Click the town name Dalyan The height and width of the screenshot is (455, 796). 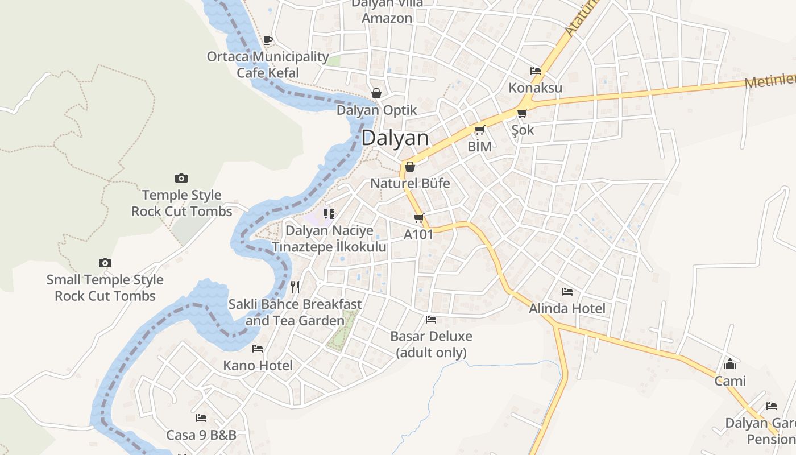(395, 138)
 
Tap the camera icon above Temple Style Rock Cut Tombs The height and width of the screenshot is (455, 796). (181, 179)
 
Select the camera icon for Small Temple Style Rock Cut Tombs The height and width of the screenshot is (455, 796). (105, 263)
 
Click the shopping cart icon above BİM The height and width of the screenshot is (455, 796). (479, 130)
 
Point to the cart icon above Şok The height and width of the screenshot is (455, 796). (522, 113)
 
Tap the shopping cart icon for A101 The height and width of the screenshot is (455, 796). (419, 218)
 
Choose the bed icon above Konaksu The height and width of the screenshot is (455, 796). (535, 71)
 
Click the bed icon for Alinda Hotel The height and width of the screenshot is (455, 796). (567, 292)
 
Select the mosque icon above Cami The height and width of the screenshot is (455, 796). (730, 364)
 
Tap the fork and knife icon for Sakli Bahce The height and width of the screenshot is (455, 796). (295, 287)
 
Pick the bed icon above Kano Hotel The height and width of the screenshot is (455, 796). (258, 348)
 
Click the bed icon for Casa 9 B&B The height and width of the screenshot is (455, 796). (201, 418)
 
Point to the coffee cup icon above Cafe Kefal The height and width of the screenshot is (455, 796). (268, 40)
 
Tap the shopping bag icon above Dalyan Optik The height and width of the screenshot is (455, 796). (376, 93)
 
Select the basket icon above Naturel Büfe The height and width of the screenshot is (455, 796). (409, 167)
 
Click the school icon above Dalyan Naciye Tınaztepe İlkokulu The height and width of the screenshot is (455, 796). (329, 214)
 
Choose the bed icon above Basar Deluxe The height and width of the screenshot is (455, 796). (431, 320)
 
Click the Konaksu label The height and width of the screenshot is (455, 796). (535, 88)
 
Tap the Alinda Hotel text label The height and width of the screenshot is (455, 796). (567, 308)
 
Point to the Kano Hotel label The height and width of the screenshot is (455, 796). (258, 365)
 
